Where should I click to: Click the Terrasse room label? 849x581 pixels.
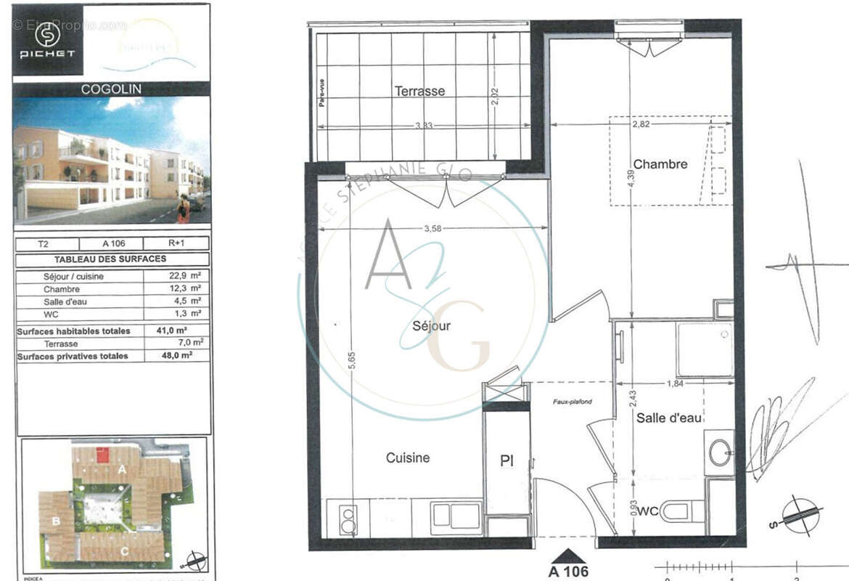pyautogui.click(x=419, y=92)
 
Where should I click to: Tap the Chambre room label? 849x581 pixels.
pyautogui.click(x=660, y=164)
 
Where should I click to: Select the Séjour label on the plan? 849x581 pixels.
pyautogui.click(x=431, y=326)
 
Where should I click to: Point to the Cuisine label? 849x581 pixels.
pyautogui.click(x=407, y=458)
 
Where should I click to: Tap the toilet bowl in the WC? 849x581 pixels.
pyautogui.click(x=678, y=511)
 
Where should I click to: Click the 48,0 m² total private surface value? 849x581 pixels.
pyautogui.click(x=178, y=356)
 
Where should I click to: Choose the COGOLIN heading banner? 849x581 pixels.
pyautogui.click(x=111, y=89)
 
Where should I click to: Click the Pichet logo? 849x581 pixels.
pyautogui.click(x=47, y=39)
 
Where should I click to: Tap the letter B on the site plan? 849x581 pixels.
pyautogui.click(x=55, y=521)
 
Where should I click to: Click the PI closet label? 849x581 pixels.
pyautogui.click(x=506, y=461)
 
